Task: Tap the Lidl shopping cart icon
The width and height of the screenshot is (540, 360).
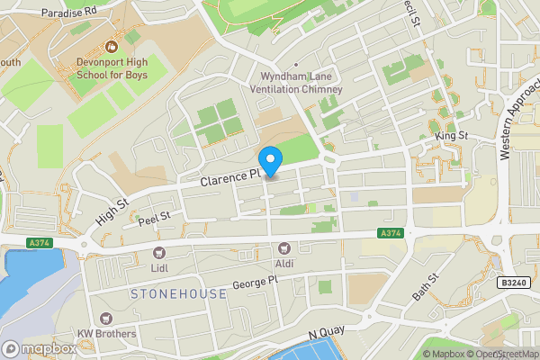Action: click(159, 254)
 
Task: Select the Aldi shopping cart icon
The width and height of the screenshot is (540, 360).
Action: click(285, 247)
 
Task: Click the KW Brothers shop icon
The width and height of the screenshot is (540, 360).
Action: click(106, 318)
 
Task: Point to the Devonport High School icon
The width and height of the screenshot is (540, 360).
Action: click(113, 45)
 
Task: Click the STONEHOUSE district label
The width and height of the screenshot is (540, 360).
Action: click(179, 294)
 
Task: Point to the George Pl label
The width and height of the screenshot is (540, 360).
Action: click(256, 283)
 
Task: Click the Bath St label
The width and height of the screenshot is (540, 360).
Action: click(424, 286)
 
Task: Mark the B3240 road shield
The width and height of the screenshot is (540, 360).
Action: click(511, 282)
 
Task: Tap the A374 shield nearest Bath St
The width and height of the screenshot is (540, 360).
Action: click(389, 233)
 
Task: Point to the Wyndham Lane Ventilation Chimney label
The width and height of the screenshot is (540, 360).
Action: click(301, 83)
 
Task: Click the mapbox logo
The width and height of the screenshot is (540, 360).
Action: click(40, 348)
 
